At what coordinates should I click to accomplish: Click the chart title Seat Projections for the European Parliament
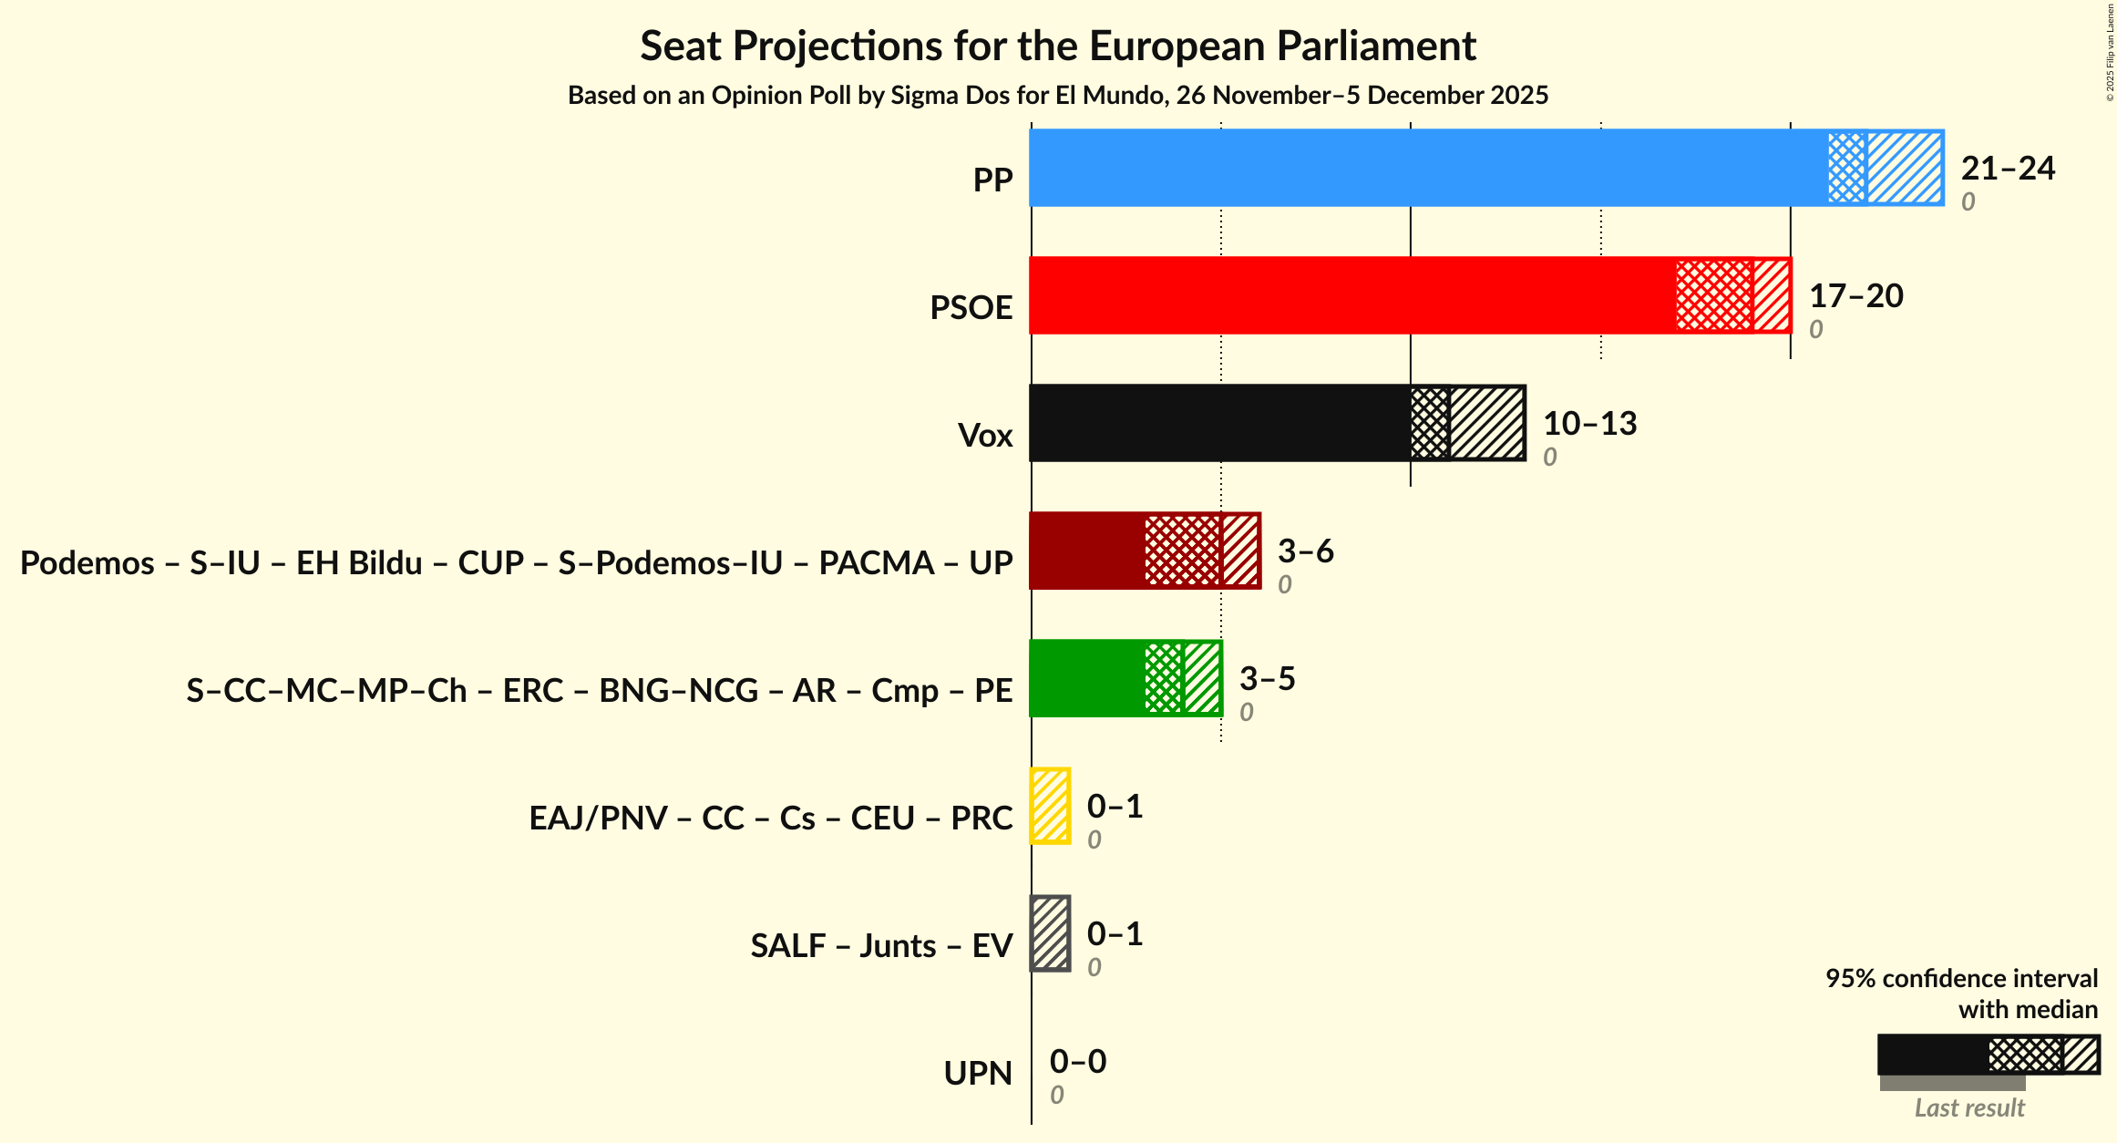pos(1057,46)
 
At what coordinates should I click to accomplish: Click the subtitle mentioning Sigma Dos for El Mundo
pos(1057,95)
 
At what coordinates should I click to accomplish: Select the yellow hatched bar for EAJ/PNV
pos(1050,806)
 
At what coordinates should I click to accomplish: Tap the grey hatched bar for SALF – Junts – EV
pos(1050,933)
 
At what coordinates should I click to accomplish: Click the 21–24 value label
pos(2008,168)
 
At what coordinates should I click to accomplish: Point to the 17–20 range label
pos(1855,295)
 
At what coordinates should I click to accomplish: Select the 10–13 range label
pos(1589,423)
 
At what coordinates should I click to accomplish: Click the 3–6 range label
pos(1305,551)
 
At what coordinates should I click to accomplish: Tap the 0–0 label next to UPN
pos(1077,1061)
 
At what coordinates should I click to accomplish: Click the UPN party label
pos(977,1074)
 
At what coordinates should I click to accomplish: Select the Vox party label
pos(984,436)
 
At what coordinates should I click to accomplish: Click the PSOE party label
pos(971,308)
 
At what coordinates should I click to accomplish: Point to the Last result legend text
pos(1968,1107)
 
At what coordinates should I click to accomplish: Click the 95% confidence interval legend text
pos(1961,979)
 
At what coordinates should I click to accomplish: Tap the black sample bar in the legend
pos(1932,1055)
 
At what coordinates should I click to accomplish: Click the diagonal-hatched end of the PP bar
pos(1905,168)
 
